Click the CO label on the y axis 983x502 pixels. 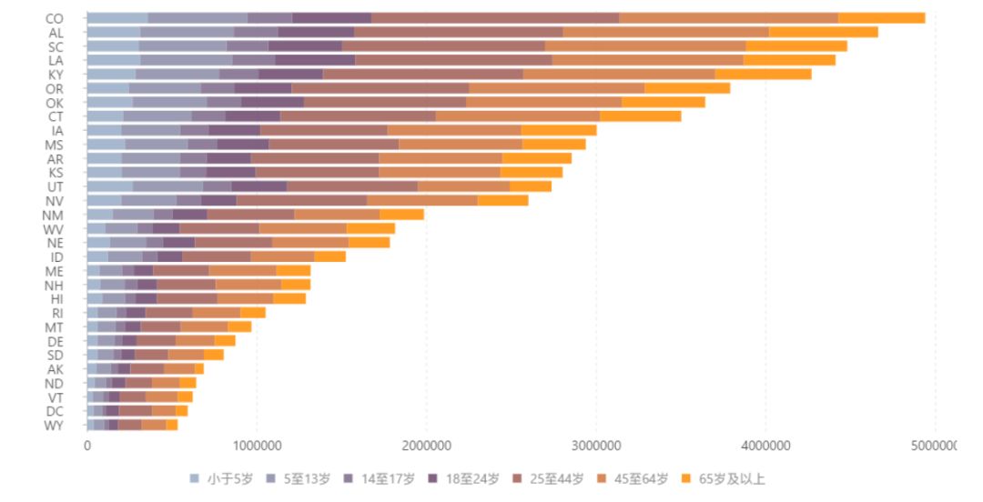tap(54, 18)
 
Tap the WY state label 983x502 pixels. tap(54, 425)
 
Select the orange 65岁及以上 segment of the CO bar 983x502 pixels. tap(881, 18)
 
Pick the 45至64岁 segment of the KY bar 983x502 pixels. tap(619, 74)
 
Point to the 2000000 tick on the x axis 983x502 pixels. tap(426, 446)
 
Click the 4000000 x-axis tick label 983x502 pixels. tap(765, 446)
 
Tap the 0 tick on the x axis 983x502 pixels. tap(87, 446)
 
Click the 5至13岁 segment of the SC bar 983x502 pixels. tap(182, 46)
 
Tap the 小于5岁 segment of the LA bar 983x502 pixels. tap(114, 60)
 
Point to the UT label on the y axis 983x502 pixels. tap(54, 186)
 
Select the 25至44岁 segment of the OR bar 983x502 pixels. tap(380, 88)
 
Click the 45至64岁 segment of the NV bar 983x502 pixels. tap(422, 200)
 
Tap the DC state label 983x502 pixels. tap(54, 411)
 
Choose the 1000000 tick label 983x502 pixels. tap(257, 446)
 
